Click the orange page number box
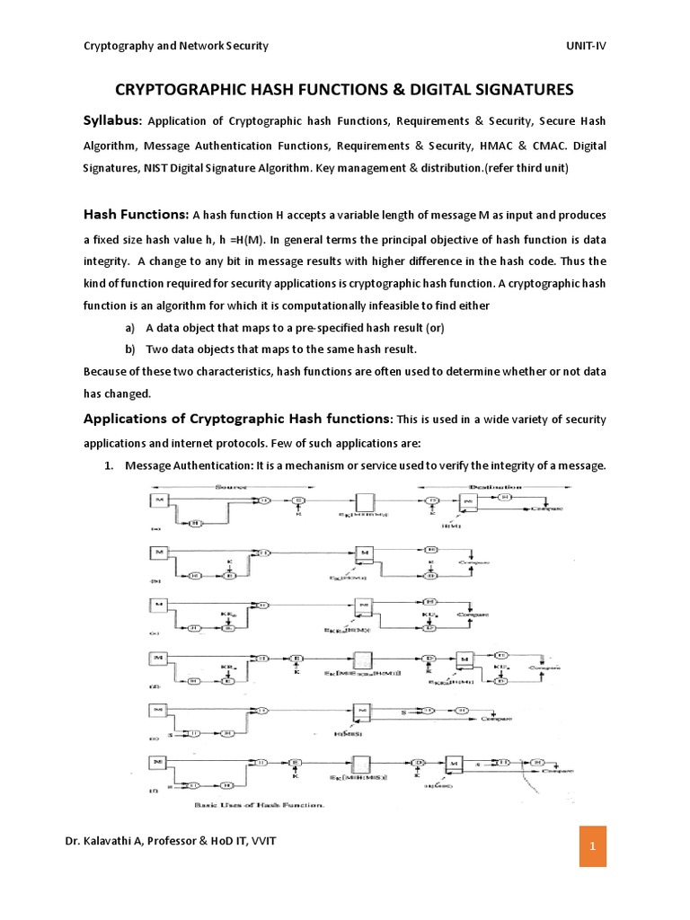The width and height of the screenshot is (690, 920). (x=593, y=846)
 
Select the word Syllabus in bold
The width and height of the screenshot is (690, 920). (x=111, y=120)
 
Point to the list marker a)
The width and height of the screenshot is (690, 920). (x=133, y=328)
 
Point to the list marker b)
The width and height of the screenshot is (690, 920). (x=133, y=349)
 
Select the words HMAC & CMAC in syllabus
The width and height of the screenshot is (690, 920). (x=522, y=146)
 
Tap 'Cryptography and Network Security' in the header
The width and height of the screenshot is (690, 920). (x=175, y=46)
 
